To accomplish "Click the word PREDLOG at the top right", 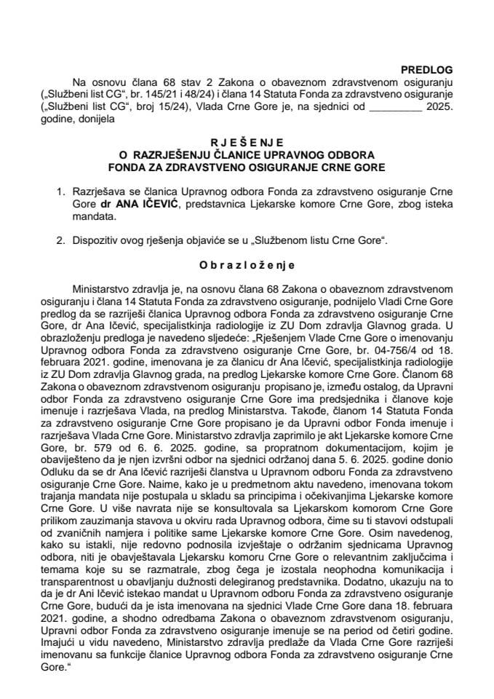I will (x=427, y=69).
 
